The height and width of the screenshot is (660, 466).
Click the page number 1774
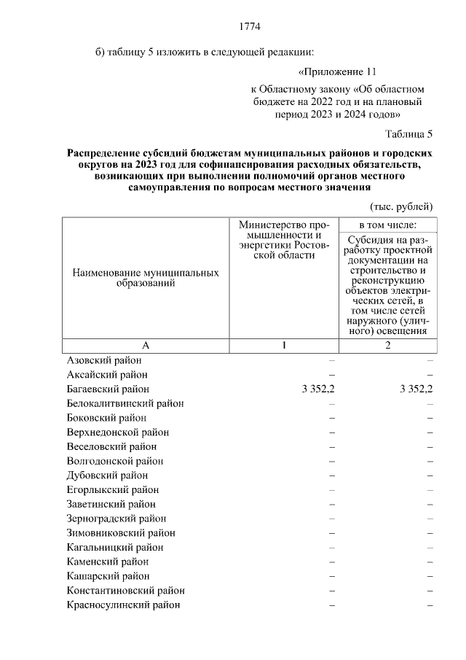(x=250, y=28)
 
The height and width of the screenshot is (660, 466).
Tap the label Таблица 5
(x=408, y=134)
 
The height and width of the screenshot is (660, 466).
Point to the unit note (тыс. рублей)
(x=401, y=206)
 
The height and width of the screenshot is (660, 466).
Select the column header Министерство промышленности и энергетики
(x=288, y=241)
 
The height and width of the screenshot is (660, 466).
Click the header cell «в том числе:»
(x=387, y=225)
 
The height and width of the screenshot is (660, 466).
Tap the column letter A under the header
(x=146, y=346)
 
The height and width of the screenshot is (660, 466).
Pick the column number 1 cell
(x=288, y=346)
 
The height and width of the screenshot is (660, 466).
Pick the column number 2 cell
(x=387, y=346)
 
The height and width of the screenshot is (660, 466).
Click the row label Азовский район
(x=104, y=360)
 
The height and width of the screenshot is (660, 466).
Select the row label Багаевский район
(x=108, y=389)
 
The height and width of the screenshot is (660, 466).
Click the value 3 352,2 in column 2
(x=416, y=389)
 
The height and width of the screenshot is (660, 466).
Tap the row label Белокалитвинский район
(x=125, y=403)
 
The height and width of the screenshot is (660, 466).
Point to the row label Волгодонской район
(x=114, y=461)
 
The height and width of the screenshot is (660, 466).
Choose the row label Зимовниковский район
(x=120, y=533)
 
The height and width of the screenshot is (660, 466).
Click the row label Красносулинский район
(x=123, y=605)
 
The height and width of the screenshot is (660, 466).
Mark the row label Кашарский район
(x=107, y=576)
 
